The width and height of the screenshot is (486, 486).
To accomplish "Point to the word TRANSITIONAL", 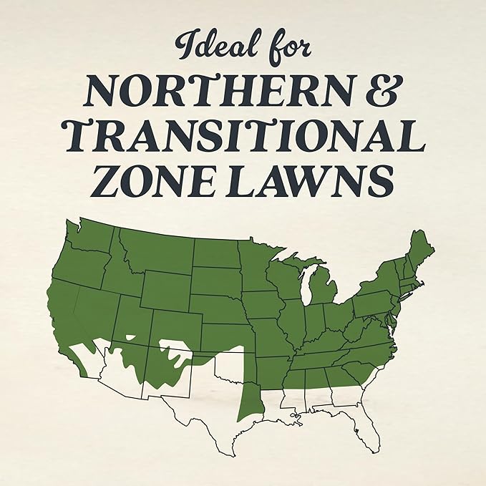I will (243, 136).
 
